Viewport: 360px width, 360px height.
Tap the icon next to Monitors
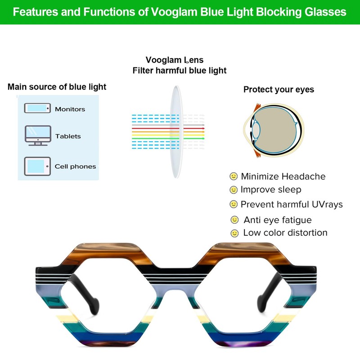37,108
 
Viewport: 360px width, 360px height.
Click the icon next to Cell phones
37,166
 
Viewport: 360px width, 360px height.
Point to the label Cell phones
75,166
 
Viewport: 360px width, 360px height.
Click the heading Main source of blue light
57,87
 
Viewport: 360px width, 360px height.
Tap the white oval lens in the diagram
176,130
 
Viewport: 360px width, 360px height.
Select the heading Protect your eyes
279,90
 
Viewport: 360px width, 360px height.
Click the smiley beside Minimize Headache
234,176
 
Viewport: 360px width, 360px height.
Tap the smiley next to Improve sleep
234,190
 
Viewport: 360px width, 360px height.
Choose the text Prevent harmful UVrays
292,204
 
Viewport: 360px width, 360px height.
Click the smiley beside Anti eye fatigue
234,220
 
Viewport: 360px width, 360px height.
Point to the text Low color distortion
285,233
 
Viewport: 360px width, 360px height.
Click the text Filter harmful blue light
180,71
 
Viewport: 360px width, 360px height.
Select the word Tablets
68,136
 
